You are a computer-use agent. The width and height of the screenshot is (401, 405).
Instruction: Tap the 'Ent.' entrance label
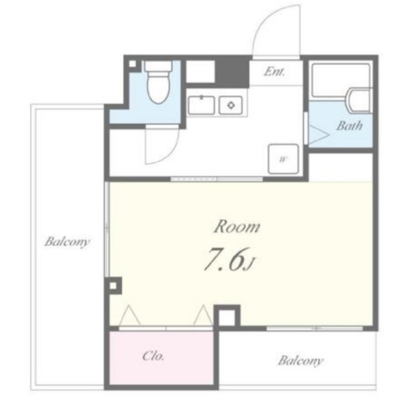tap(274, 71)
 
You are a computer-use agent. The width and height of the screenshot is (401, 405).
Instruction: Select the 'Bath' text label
tap(349, 126)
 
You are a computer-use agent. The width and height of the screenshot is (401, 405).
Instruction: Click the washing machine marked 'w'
tap(283, 159)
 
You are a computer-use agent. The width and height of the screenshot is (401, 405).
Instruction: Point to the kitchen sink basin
tap(201, 105)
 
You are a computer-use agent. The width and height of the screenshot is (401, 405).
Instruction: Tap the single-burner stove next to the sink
tap(231, 105)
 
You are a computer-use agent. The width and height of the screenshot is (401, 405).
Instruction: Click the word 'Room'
tap(237, 226)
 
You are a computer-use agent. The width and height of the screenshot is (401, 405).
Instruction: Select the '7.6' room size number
tap(224, 259)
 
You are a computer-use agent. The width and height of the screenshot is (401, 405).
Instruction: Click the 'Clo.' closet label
tap(153, 356)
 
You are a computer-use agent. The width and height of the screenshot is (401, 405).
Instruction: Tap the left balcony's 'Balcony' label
tap(67, 242)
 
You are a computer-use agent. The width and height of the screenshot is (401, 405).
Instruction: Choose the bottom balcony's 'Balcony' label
tap(300, 361)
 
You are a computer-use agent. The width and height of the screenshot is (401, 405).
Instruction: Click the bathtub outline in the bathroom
tap(341, 80)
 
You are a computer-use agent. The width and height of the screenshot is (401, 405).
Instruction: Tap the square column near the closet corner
tap(227, 318)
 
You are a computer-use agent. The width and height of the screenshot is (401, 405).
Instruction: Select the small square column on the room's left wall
tap(113, 286)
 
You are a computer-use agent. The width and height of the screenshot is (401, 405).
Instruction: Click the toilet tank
tap(158, 66)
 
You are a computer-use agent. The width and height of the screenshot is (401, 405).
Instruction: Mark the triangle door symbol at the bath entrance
tap(319, 135)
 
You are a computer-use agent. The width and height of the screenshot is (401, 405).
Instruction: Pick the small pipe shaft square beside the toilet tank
tap(132, 64)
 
